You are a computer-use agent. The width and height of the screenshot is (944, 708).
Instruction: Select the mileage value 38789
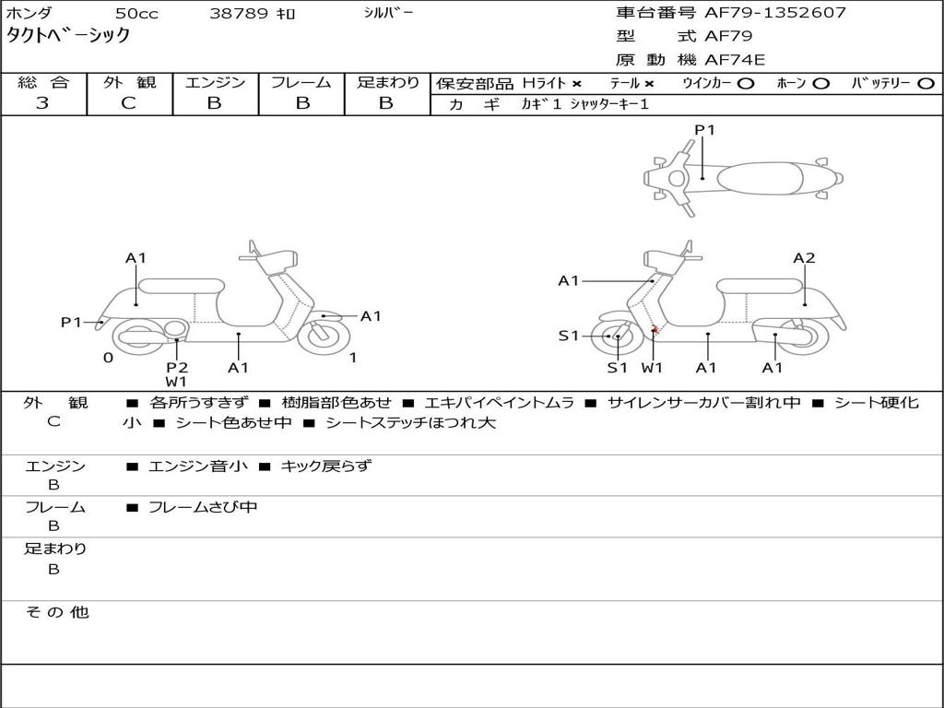[239, 14]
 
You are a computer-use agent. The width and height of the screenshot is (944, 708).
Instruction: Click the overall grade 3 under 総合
[42, 103]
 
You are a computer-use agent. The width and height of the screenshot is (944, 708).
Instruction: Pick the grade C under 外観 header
[128, 103]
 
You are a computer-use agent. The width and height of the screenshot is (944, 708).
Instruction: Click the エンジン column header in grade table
[215, 82]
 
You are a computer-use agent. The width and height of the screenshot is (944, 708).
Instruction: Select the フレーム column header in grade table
[301, 82]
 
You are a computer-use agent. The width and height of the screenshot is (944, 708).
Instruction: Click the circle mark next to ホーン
[820, 83]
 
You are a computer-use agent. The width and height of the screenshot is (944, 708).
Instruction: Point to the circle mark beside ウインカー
[746, 83]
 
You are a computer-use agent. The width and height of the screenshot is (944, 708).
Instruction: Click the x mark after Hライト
[576, 83]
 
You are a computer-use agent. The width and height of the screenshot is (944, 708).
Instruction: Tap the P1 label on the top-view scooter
[704, 130]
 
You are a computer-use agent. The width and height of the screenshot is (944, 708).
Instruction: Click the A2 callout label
[804, 258]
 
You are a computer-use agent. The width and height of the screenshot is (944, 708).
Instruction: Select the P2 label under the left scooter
[177, 367]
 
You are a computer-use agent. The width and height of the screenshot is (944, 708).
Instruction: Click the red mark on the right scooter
[655, 330]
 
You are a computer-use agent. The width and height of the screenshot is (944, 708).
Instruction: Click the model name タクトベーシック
[68, 36]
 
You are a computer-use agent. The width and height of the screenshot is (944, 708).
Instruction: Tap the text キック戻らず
[325, 466]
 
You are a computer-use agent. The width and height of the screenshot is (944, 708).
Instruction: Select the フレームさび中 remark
[203, 507]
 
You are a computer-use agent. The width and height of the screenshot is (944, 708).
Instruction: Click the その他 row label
[57, 612]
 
